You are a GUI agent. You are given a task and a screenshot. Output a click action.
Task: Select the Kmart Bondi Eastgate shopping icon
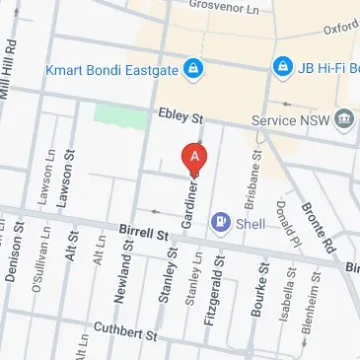tap(195, 69)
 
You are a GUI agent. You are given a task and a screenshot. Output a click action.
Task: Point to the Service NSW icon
tap(344, 121)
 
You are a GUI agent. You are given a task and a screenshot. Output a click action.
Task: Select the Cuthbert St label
tap(132, 335)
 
